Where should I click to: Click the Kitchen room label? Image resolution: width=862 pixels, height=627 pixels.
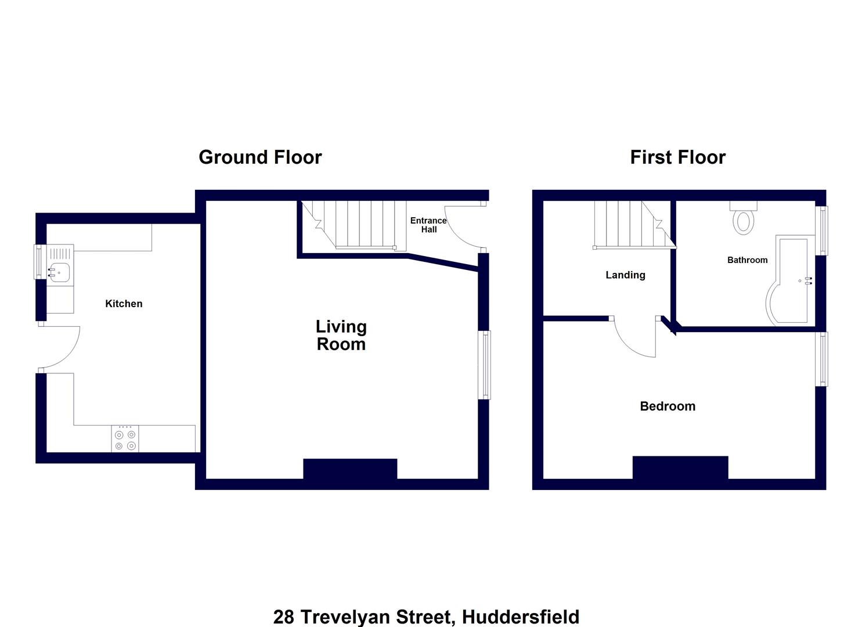pos(124,304)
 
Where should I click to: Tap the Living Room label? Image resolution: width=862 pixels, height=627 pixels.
pos(341,336)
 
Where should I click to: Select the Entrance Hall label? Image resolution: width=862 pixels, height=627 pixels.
pos(428,225)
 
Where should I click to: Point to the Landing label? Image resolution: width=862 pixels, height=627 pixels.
pos(625,275)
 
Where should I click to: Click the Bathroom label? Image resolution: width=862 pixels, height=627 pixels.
pos(747,260)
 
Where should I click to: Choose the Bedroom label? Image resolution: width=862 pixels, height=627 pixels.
pos(668,406)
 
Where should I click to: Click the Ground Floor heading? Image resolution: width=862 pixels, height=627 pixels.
pos(260,157)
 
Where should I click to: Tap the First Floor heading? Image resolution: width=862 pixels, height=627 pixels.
pos(677,157)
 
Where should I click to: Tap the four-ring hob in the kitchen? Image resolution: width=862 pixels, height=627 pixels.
pos(125,439)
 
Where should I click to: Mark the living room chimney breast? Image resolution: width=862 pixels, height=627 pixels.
pos(350,469)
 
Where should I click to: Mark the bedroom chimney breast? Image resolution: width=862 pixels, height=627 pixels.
pos(680,467)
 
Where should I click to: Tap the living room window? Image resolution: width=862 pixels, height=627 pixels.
pos(484,365)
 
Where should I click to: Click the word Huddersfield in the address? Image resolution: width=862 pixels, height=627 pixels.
pos(520,617)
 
